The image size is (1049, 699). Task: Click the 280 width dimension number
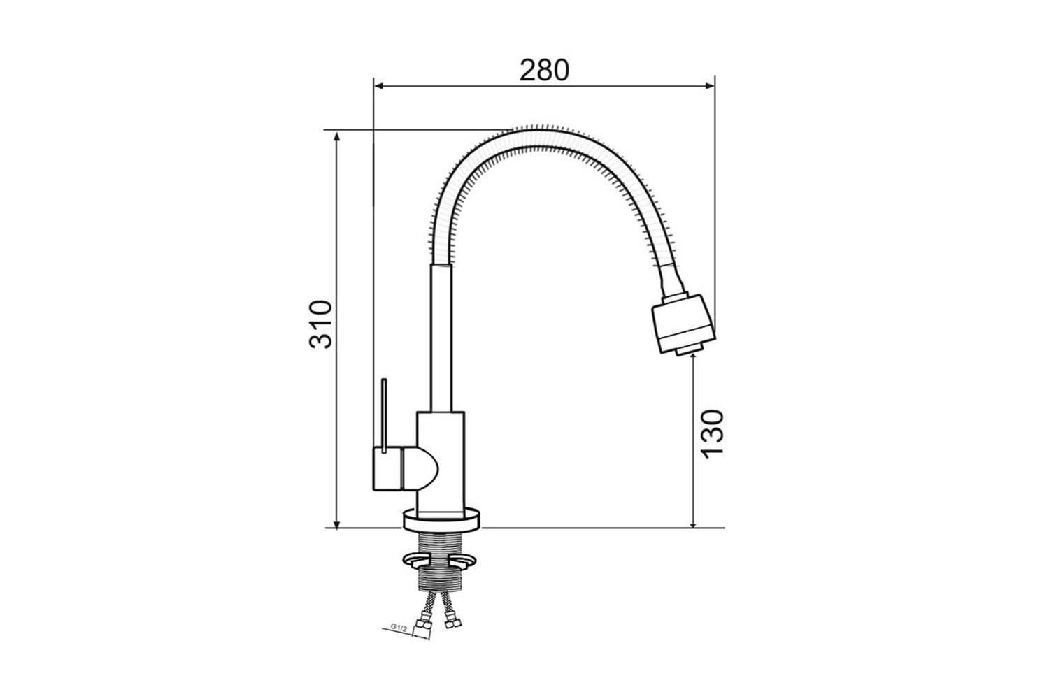click(x=544, y=70)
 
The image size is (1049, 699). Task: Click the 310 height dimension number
click(x=321, y=324)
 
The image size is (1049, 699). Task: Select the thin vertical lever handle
click(x=385, y=416)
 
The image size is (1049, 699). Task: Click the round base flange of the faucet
click(x=441, y=519)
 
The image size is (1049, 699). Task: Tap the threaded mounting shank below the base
click(x=441, y=566)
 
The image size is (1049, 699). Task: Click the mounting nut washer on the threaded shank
click(x=441, y=559)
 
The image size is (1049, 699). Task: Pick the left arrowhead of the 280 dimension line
click(x=379, y=86)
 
